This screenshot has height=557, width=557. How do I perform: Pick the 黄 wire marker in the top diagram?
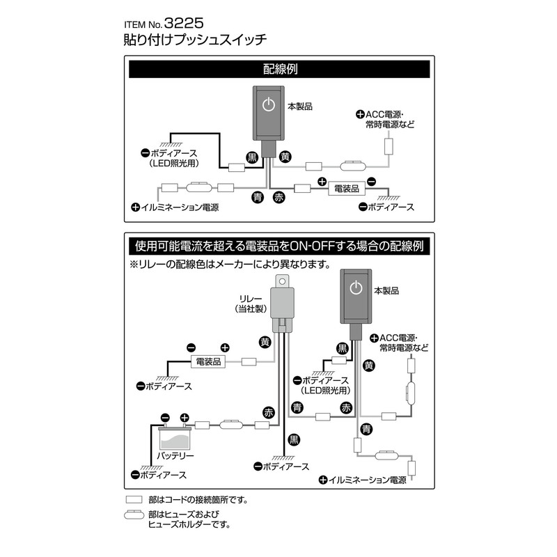(285, 157)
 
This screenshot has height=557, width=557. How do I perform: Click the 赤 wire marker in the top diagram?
(279, 198)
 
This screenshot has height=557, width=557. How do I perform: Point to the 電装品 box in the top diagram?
(346, 189)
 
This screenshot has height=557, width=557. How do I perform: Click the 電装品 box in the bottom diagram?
(208, 362)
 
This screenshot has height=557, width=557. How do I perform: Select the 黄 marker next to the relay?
(265, 343)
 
